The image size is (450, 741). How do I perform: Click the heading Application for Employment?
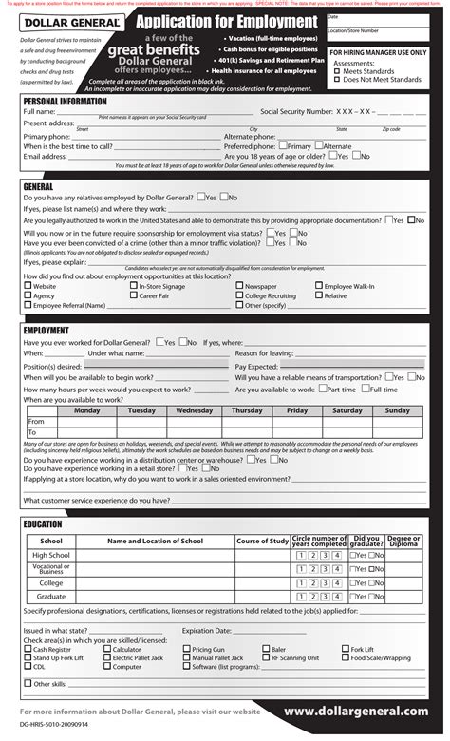pos(225,22)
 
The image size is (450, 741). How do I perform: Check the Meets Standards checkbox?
pos(337,72)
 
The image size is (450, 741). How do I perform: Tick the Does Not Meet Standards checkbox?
pos(337,81)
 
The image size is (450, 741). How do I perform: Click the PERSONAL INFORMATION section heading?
pos(65,101)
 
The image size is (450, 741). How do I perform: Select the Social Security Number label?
pos(296,112)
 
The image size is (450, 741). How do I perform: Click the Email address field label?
pos(45,157)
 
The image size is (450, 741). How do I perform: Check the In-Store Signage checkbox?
pos(133,286)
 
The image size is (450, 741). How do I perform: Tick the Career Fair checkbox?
pos(133,295)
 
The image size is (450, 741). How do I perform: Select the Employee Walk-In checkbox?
pos(319,286)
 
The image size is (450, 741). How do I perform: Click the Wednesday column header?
pos(194,410)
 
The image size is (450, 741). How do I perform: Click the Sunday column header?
pos(397,410)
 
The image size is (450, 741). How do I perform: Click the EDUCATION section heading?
pos(43,524)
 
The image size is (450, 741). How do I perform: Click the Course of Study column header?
pos(262,541)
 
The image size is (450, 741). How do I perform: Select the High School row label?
pos(51,555)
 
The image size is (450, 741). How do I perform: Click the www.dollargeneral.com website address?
pos(355,712)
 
